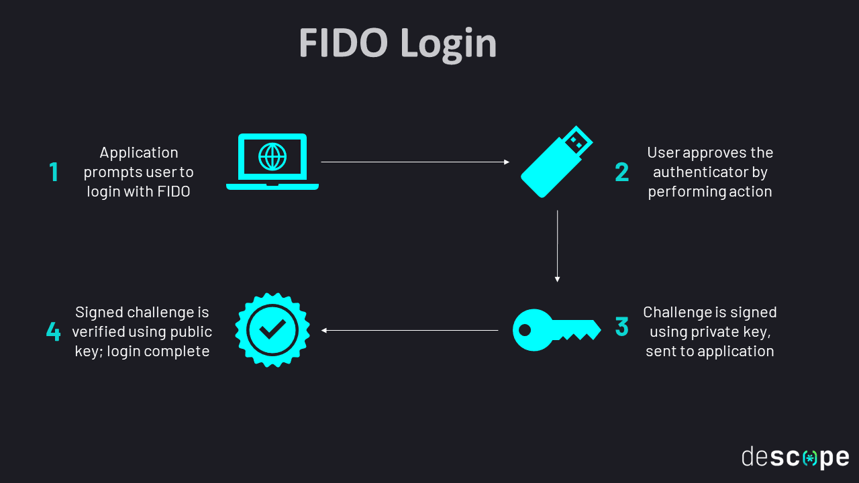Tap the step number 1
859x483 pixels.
54,172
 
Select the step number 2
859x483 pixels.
622,172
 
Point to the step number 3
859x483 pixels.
622,327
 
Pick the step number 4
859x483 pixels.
53,331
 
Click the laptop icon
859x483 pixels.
272,162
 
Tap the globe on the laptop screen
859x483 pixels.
272,157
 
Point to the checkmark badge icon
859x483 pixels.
272,330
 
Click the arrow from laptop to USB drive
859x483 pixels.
415,162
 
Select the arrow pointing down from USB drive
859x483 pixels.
557,246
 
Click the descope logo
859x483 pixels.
795,458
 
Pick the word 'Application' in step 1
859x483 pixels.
139,153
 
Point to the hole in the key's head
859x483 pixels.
525,330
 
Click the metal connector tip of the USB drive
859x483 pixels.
576,140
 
